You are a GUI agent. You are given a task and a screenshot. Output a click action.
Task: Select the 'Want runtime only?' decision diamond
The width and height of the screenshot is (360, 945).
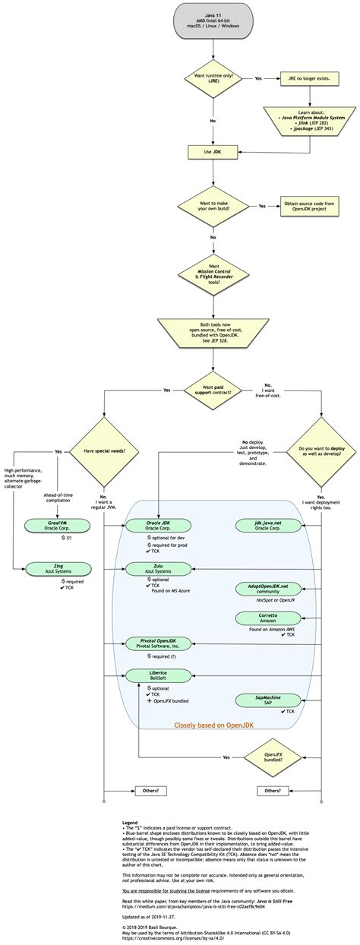(213, 78)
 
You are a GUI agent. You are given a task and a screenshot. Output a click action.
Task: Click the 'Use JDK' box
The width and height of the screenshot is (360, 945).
(213, 152)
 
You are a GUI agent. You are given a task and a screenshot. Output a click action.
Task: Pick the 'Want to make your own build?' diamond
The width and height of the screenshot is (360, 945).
(213, 206)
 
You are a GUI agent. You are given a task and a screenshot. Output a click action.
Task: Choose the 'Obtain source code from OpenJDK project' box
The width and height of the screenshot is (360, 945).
(310, 206)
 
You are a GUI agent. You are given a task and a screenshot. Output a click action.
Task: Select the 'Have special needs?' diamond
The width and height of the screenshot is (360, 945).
(104, 450)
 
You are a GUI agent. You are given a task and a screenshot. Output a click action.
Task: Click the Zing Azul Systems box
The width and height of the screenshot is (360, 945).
(58, 568)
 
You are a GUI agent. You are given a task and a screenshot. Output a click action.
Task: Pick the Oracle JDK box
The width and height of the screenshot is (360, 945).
(159, 526)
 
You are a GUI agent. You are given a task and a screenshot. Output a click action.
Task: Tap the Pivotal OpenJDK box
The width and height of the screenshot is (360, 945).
(159, 643)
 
